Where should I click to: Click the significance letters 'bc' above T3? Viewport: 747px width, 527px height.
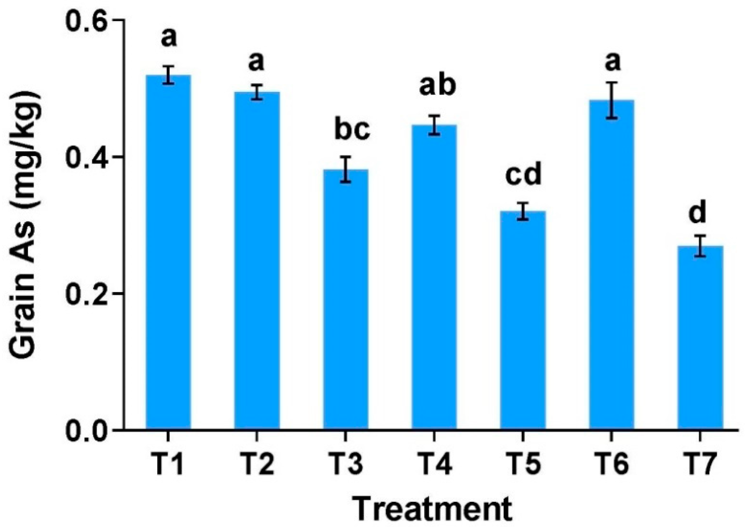[x=352, y=130]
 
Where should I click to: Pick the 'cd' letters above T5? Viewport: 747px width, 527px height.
[x=523, y=174]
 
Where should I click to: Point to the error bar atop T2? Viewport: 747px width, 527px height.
[x=257, y=92]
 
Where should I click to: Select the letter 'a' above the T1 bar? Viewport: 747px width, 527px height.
[x=169, y=38]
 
